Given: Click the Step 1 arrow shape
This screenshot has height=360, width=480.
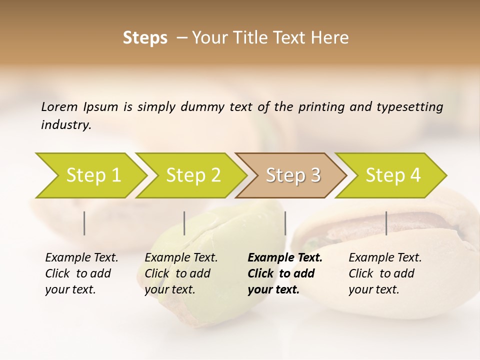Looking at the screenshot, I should pos(92,175).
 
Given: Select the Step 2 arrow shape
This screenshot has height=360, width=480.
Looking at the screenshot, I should pos(192,175).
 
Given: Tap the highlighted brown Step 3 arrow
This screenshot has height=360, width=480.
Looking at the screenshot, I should pos(292,175).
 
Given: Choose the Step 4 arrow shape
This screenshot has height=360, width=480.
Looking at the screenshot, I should pos(392,175).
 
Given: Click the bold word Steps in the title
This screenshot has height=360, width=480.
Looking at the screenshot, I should pos(145,38).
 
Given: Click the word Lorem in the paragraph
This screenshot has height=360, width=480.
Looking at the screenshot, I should pos(59,106).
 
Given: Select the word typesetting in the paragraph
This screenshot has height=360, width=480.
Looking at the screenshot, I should pos(409,106).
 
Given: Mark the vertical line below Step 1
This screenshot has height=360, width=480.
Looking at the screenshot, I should pos(84,223).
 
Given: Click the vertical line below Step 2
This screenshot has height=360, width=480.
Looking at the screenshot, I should pos(184,223).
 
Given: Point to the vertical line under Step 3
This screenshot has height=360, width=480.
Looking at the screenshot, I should pos(285,223).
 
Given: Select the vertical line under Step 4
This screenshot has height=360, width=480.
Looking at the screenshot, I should pos(386,223).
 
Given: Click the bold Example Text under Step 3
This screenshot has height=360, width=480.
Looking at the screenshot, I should pos(285,258).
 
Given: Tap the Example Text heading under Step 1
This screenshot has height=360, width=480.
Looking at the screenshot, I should pos(81,258).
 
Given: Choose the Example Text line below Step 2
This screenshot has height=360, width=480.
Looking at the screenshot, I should pos(181,258).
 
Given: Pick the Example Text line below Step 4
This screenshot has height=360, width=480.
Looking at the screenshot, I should pos(385,258).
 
